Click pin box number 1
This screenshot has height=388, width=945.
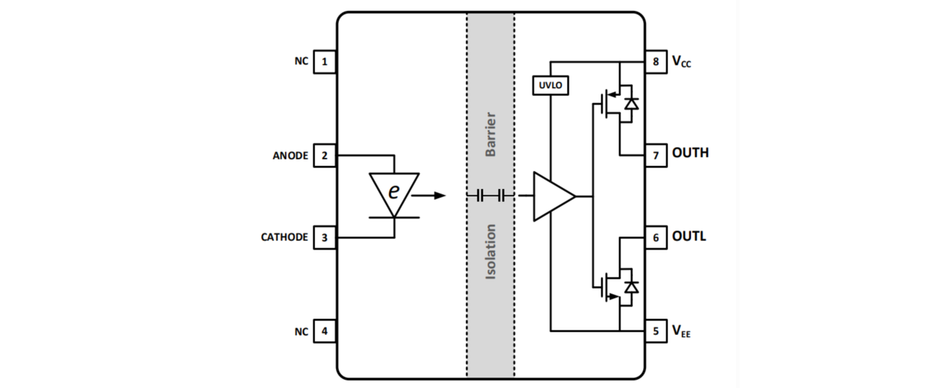click(x=324, y=62)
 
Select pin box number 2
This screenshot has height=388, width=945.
click(x=324, y=156)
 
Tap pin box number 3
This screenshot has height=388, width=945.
click(x=324, y=237)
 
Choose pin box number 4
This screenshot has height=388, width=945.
click(x=324, y=331)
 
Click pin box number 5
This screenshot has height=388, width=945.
click(x=656, y=331)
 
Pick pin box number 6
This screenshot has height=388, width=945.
click(x=656, y=237)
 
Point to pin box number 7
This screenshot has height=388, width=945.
click(x=656, y=156)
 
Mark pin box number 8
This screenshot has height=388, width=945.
click(x=656, y=62)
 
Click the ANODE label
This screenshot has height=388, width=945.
click(x=290, y=156)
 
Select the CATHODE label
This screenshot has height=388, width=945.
click(x=284, y=237)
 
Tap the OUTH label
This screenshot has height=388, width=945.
click(x=690, y=153)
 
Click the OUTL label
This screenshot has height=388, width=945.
click(x=689, y=236)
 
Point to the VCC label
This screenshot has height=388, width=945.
click(x=681, y=62)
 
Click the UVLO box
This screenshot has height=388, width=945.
click(x=550, y=85)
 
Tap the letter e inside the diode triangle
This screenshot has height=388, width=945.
click(x=394, y=191)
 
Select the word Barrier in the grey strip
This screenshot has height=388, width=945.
click(x=491, y=134)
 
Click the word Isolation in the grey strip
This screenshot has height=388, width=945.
click(x=491, y=252)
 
